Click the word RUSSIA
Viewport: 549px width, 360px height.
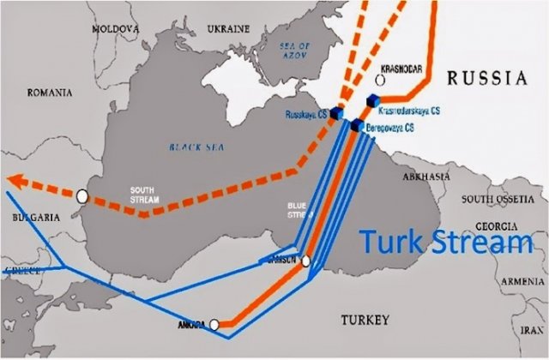(486, 78)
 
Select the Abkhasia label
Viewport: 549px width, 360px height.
(426, 176)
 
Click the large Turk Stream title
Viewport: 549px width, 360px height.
(446, 243)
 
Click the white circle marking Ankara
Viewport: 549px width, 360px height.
(215, 324)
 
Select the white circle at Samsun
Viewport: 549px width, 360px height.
(305, 261)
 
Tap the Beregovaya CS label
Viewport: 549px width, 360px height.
(390, 127)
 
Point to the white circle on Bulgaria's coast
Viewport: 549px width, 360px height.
(81, 196)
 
